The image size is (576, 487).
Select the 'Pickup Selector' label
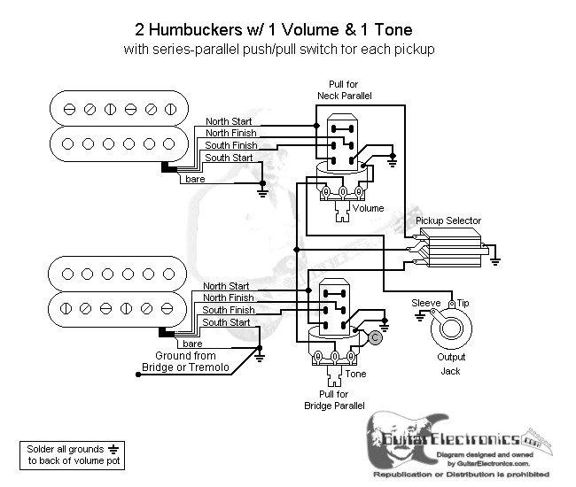[x=448, y=220]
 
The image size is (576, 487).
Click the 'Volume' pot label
[x=368, y=209]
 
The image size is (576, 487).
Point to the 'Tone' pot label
[x=356, y=374]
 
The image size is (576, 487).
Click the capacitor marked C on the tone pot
[x=375, y=337]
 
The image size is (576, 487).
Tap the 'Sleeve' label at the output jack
[x=426, y=304]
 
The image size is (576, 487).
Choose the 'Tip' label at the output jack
[x=463, y=304]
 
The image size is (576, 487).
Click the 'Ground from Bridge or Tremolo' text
[x=186, y=361]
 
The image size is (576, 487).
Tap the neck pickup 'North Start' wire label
[x=228, y=121]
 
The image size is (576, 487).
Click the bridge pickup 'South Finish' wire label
[x=227, y=311]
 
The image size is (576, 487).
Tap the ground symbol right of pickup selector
[x=494, y=259]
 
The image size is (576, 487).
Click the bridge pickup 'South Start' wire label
[x=227, y=323]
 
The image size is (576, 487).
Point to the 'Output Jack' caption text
[x=450, y=364]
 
